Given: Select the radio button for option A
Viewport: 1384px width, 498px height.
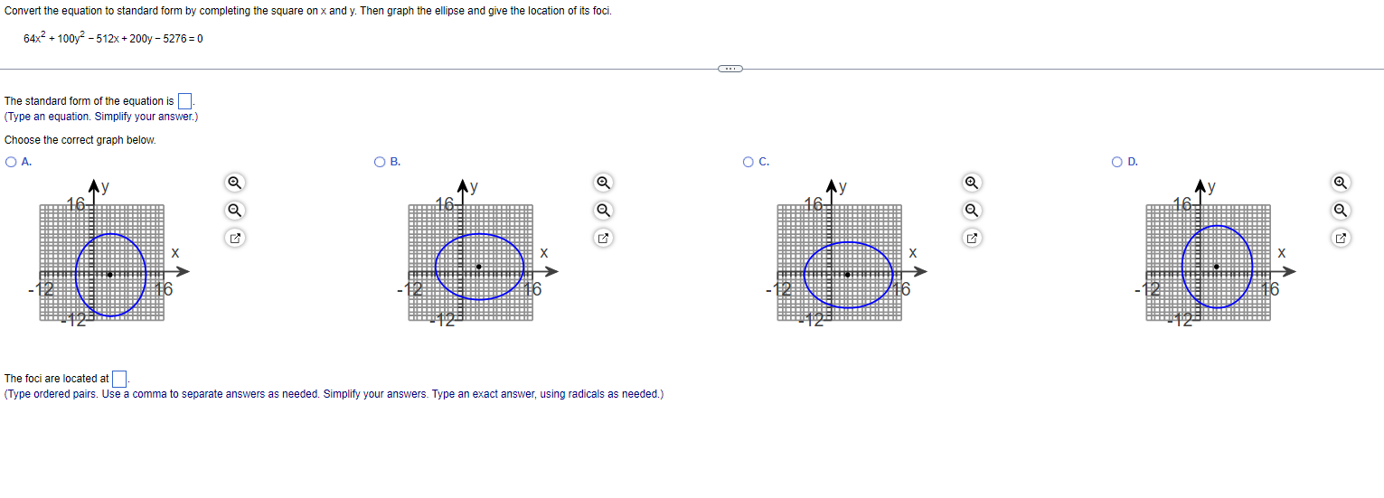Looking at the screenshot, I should pyautogui.click(x=10, y=163).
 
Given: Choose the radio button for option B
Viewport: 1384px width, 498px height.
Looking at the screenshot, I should pyautogui.click(x=380, y=163).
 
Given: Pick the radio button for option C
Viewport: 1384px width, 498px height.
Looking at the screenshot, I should pyautogui.click(x=748, y=163).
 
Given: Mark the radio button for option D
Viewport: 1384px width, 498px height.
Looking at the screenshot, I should pyautogui.click(x=1118, y=163).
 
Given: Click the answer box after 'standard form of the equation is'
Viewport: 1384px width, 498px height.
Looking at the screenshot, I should pyautogui.click(x=184, y=101).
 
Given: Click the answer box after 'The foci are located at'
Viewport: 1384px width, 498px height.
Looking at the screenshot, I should pyautogui.click(x=119, y=379).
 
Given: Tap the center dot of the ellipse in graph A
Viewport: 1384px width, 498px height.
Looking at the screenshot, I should pyautogui.click(x=109, y=274).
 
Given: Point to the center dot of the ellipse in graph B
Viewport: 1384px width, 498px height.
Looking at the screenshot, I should pyautogui.click(x=478, y=267).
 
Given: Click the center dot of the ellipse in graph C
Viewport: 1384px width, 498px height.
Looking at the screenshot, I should pyautogui.click(x=847, y=274).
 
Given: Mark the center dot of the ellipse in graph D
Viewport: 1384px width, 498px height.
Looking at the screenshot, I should pyautogui.click(x=1216, y=267).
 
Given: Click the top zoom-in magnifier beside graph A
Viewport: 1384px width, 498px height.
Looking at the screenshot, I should pyautogui.click(x=234, y=183).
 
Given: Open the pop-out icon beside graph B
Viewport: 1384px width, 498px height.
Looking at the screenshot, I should pyautogui.click(x=603, y=239).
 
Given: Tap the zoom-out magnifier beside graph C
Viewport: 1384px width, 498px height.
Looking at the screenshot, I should pyautogui.click(x=972, y=211).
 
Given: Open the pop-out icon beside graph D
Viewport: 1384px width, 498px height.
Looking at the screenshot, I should pyautogui.click(x=1341, y=239).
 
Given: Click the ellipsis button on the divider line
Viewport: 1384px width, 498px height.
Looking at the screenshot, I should pyautogui.click(x=730, y=69).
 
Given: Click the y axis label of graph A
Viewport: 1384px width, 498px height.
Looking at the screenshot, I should pyautogui.click(x=105, y=188).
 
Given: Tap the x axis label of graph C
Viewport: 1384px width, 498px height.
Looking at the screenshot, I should pyautogui.click(x=913, y=253).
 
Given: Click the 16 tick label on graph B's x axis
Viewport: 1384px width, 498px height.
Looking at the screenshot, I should pyautogui.click(x=532, y=290).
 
